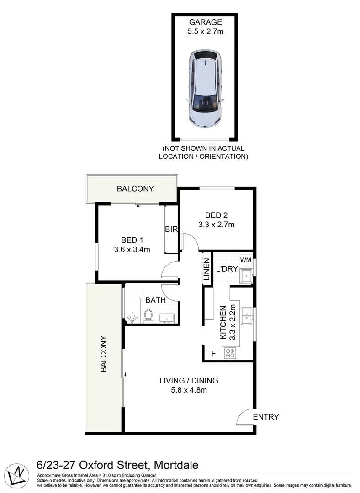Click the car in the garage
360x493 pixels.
pos(205,89)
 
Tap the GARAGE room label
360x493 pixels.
pos(206,22)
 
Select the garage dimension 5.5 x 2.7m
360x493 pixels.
pos(206,31)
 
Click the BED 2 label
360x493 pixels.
pos(216,215)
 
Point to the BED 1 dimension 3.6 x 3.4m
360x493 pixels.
pos(132,250)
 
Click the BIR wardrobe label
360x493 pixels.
pos(171,230)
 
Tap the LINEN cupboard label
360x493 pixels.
pos(206,269)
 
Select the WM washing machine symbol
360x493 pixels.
pos(246,260)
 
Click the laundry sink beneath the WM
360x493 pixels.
pos(246,276)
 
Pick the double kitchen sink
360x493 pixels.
pos(246,316)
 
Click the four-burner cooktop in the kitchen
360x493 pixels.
pos(229,353)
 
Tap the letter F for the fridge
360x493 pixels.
pos(213,354)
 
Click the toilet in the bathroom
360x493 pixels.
pos(148,316)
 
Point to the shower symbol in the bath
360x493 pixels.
pos(132,318)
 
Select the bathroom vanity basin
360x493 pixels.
pos(166,318)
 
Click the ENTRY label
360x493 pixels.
pos(266,417)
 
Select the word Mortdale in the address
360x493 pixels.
pos(176,465)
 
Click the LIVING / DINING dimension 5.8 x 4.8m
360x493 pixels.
pos(189,390)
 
